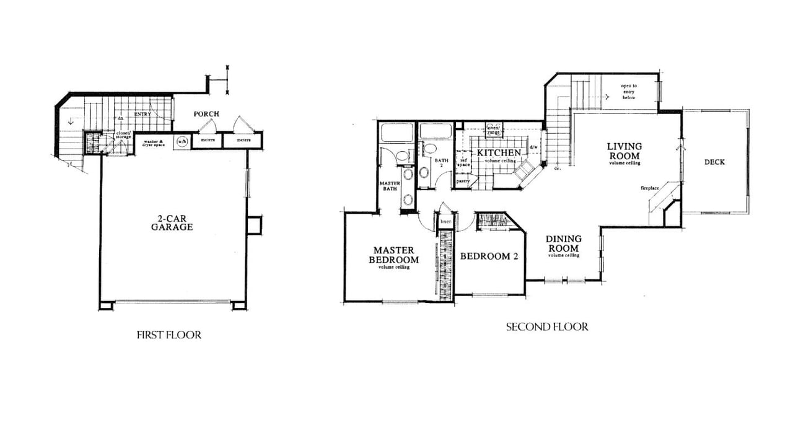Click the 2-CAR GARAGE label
[172, 223]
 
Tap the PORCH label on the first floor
[206, 114]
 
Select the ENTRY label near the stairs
[142, 114]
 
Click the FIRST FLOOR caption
[169, 335]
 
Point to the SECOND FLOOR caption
[547, 326]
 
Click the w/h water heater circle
[182, 141]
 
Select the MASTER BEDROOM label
[393, 255]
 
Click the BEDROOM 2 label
[489, 256]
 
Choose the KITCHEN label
[498, 153]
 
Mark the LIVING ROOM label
[624, 151]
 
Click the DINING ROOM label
[563, 243]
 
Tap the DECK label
[714, 162]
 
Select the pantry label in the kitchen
[463, 181]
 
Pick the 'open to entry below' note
[629, 92]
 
